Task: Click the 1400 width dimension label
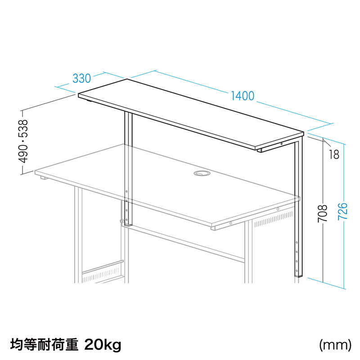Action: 243,96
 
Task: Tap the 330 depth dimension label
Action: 81,78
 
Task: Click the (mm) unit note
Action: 335,345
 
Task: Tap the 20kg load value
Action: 103,345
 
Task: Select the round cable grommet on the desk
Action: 199,173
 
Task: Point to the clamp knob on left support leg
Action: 122,220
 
